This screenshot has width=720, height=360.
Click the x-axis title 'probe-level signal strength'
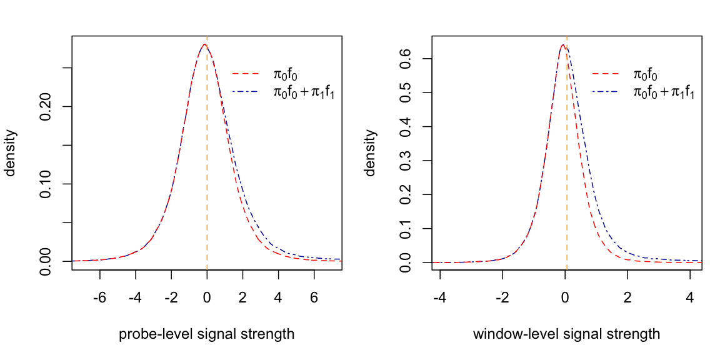[x=206, y=334]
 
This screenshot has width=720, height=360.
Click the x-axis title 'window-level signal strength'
[x=566, y=334]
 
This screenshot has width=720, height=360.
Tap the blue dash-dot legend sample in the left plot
[x=246, y=92]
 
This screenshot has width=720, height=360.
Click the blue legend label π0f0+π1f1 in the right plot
[x=664, y=92]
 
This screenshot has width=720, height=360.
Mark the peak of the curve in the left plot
[x=204, y=44]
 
